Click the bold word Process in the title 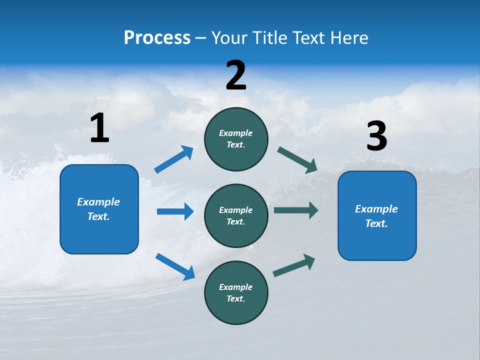157,38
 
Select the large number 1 99,128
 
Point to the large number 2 236,75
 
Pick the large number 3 376,136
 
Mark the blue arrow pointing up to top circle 174,159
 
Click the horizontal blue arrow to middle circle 175,211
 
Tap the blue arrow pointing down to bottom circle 175,266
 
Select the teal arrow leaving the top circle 297,159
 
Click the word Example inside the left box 98,202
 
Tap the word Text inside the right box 376,223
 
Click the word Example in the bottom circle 236,287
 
